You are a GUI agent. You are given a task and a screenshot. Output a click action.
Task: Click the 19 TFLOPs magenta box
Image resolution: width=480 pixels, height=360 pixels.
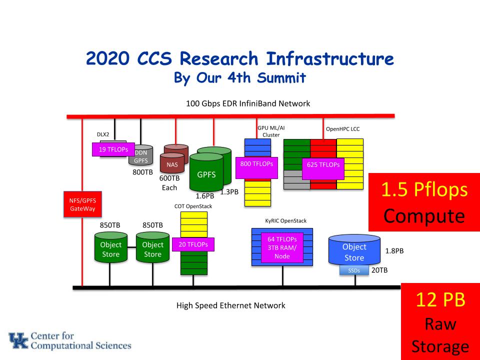[113, 149]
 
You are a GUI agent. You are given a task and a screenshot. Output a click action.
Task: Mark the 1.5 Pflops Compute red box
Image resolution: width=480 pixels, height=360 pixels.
[424, 202]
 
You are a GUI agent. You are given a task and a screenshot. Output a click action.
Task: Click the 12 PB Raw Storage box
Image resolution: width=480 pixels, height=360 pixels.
[440, 321]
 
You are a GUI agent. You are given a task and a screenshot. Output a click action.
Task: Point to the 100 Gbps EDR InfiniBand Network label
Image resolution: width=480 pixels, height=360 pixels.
[247, 104]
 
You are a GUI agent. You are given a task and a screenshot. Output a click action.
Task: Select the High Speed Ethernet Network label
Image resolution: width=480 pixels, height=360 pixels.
[231, 305]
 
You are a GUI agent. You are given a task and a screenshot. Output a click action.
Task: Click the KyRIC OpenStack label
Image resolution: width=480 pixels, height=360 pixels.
[285, 220]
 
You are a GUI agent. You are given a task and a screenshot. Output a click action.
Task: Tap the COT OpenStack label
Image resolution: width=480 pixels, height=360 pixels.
[193, 206]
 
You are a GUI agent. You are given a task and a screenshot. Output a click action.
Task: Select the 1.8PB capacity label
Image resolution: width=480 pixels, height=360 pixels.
[394, 251]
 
